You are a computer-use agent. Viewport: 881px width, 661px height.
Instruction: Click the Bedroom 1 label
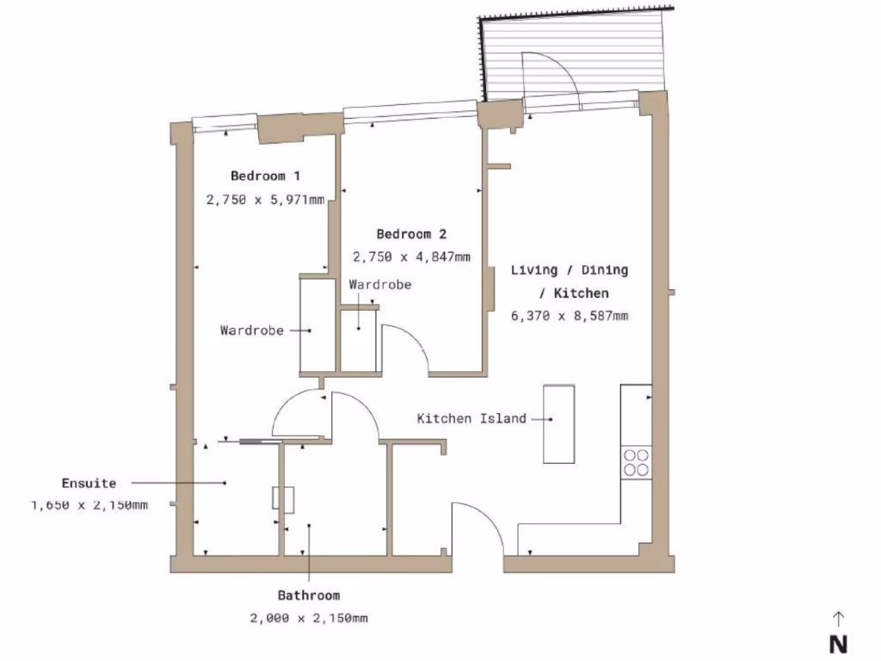[265, 176]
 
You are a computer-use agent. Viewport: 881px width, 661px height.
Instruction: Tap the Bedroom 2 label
[411, 233]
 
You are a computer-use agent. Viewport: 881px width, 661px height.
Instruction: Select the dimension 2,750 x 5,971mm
[265, 199]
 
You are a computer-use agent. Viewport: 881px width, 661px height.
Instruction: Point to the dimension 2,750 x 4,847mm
[411, 256]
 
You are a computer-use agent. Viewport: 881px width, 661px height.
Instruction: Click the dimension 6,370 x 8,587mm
[569, 316]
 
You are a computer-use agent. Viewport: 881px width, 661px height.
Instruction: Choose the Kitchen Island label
[471, 419]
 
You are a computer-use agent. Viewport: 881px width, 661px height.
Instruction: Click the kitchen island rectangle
[558, 423]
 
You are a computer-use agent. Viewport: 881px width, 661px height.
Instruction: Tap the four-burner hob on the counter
[637, 462]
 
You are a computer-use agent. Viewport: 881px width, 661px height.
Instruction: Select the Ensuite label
[89, 483]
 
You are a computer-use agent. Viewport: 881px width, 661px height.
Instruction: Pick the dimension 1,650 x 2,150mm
[89, 505]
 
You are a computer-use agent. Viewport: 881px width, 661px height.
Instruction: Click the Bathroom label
[308, 595]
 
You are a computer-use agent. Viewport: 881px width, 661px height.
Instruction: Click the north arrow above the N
[839, 618]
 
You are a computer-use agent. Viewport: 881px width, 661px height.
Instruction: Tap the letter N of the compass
[839, 644]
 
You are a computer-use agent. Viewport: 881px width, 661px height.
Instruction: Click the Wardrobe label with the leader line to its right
[251, 330]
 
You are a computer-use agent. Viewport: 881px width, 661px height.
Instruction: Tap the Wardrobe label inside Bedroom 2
[379, 284]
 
